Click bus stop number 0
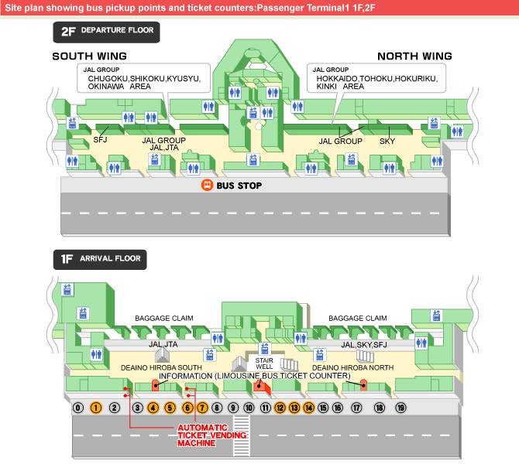tap(77, 408)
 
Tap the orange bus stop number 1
tap(96, 408)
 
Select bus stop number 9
tap(233, 408)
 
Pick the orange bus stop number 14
tap(308, 408)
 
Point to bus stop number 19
tap(400, 408)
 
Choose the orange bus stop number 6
tap(187, 408)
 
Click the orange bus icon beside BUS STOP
tap(208, 186)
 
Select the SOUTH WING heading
tap(89, 56)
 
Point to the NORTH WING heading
tap(414, 56)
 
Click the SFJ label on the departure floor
tap(100, 141)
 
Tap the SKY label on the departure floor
tap(387, 142)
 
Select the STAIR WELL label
tap(265, 363)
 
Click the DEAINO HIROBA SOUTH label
tap(161, 368)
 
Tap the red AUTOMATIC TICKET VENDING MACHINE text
tap(203, 435)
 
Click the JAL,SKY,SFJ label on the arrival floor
tap(363, 344)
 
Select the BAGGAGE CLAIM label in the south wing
tap(163, 318)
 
